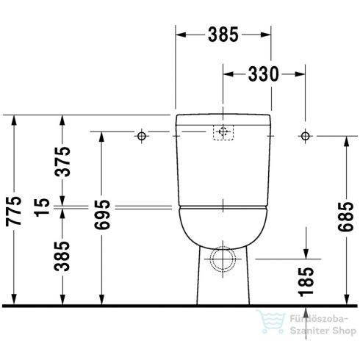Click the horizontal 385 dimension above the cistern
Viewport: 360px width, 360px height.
(223, 35)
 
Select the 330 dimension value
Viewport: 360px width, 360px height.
(262, 74)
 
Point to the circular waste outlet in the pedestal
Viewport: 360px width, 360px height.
(223, 258)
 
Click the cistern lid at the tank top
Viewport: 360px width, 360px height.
(223, 119)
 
